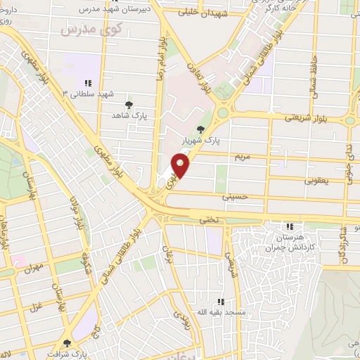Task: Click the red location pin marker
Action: (181, 167)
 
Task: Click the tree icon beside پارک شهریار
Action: (202, 129)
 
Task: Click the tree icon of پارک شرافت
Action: (67, 343)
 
